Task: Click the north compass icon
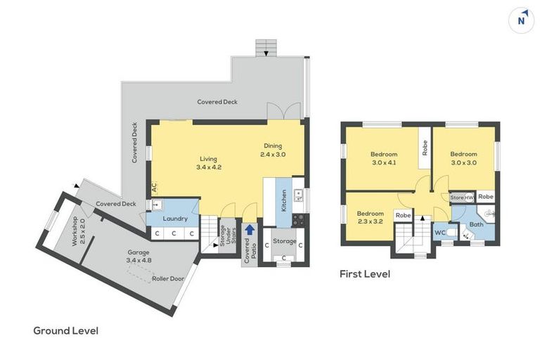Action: coord(521,20)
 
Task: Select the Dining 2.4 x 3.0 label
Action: coord(273,150)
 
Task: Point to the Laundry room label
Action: coord(176,219)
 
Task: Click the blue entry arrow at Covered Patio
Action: coord(250,231)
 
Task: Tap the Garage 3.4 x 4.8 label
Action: coord(139,256)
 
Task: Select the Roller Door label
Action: coord(167,278)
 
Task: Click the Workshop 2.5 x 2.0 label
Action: coord(77,232)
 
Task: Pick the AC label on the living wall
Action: coord(153,188)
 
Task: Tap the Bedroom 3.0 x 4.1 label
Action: coord(384,158)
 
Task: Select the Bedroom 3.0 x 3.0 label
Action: coord(463,158)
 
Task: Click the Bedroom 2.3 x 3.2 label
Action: coord(370,217)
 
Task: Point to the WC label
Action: coord(441,231)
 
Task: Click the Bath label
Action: coord(476,225)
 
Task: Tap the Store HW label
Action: coord(462,198)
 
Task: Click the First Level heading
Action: coord(364,274)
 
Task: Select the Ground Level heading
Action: coord(66,330)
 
